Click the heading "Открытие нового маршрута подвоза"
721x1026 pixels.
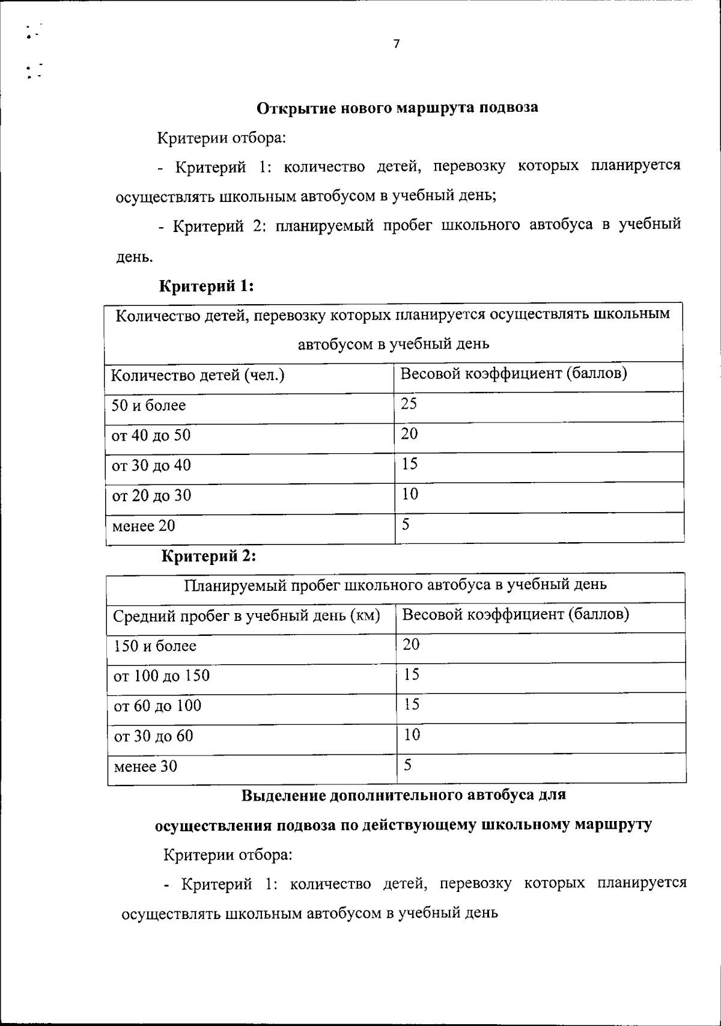(397, 108)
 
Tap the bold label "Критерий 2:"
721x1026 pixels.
(209, 557)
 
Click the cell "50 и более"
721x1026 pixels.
(149, 406)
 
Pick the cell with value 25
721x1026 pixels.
(409, 403)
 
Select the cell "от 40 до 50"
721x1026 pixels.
(151, 435)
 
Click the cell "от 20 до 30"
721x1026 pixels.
(151, 495)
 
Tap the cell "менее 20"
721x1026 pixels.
(144, 526)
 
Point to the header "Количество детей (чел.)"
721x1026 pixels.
(198, 376)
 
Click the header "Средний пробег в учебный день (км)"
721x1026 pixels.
(247, 616)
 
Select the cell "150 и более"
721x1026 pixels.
(155, 646)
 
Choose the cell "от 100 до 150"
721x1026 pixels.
(162, 676)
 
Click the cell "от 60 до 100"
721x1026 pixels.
(157, 706)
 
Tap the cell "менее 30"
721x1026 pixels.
(145, 766)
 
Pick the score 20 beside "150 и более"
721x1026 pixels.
(412, 644)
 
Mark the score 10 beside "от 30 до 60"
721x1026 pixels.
(412, 734)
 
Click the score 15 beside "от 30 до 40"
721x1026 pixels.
(410, 463)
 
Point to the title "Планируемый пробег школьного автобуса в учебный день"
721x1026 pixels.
(395, 584)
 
